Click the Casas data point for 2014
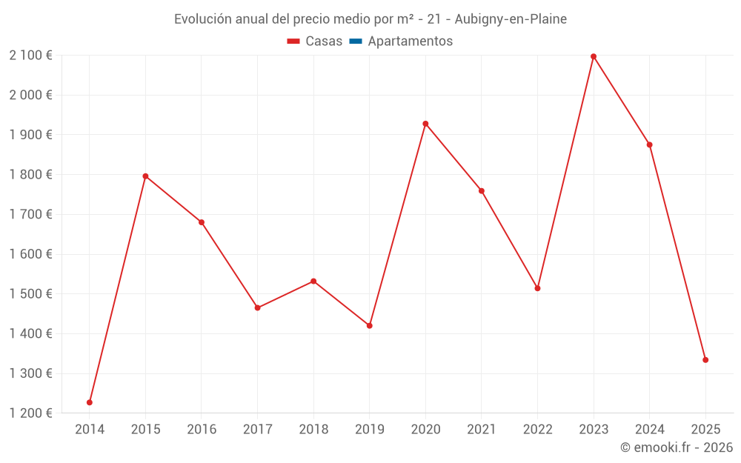click(x=90, y=402)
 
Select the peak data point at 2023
click(x=594, y=56)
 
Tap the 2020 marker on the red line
click(x=425, y=124)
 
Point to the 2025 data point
click(x=705, y=360)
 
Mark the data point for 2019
click(x=370, y=326)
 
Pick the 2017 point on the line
click(x=257, y=307)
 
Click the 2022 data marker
click(x=537, y=288)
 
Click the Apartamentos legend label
click(x=410, y=41)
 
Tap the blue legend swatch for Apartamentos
click(x=355, y=41)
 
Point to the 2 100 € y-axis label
click(x=30, y=56)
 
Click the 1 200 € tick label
click(x=30, y=413)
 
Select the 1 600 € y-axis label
click(x=30, y=254)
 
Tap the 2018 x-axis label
click(x=313, y=430)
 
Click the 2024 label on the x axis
click(x=650, y=430)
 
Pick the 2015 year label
click(x=145, y=430)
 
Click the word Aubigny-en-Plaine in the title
click(x=511, y=19)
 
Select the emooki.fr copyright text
click(x=677, y=447)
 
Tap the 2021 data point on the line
click(x=482, y=191)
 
